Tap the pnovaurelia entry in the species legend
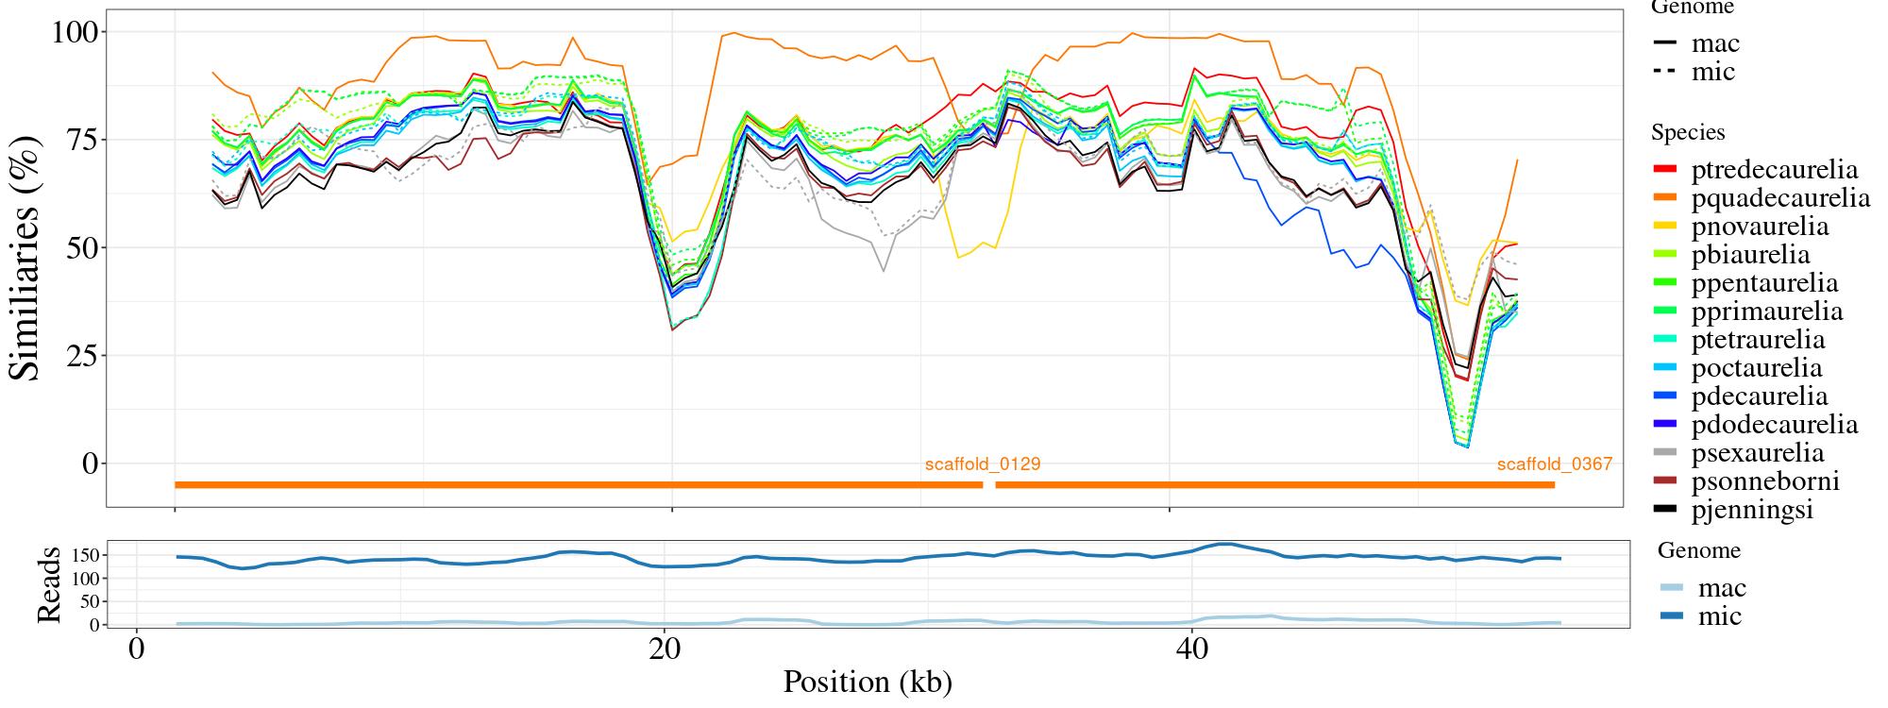coord(1760,227)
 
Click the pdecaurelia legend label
coord(1760,396)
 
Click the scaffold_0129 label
coord(983,464)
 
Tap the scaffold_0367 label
coord(1555,464)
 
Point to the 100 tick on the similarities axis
coord(73,32)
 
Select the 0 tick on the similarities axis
coord(91,464)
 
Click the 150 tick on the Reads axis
coord(84,554)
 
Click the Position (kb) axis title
coord(868,682)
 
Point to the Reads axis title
coord(48,584)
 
